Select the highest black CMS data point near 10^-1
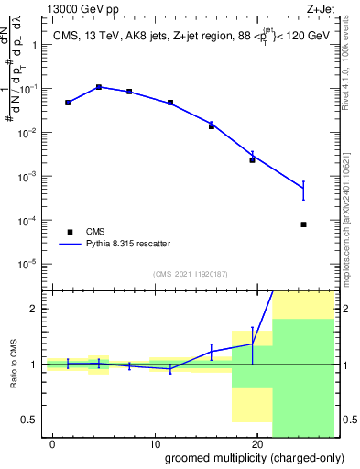click(99, 87)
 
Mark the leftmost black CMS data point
click(68, 103)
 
